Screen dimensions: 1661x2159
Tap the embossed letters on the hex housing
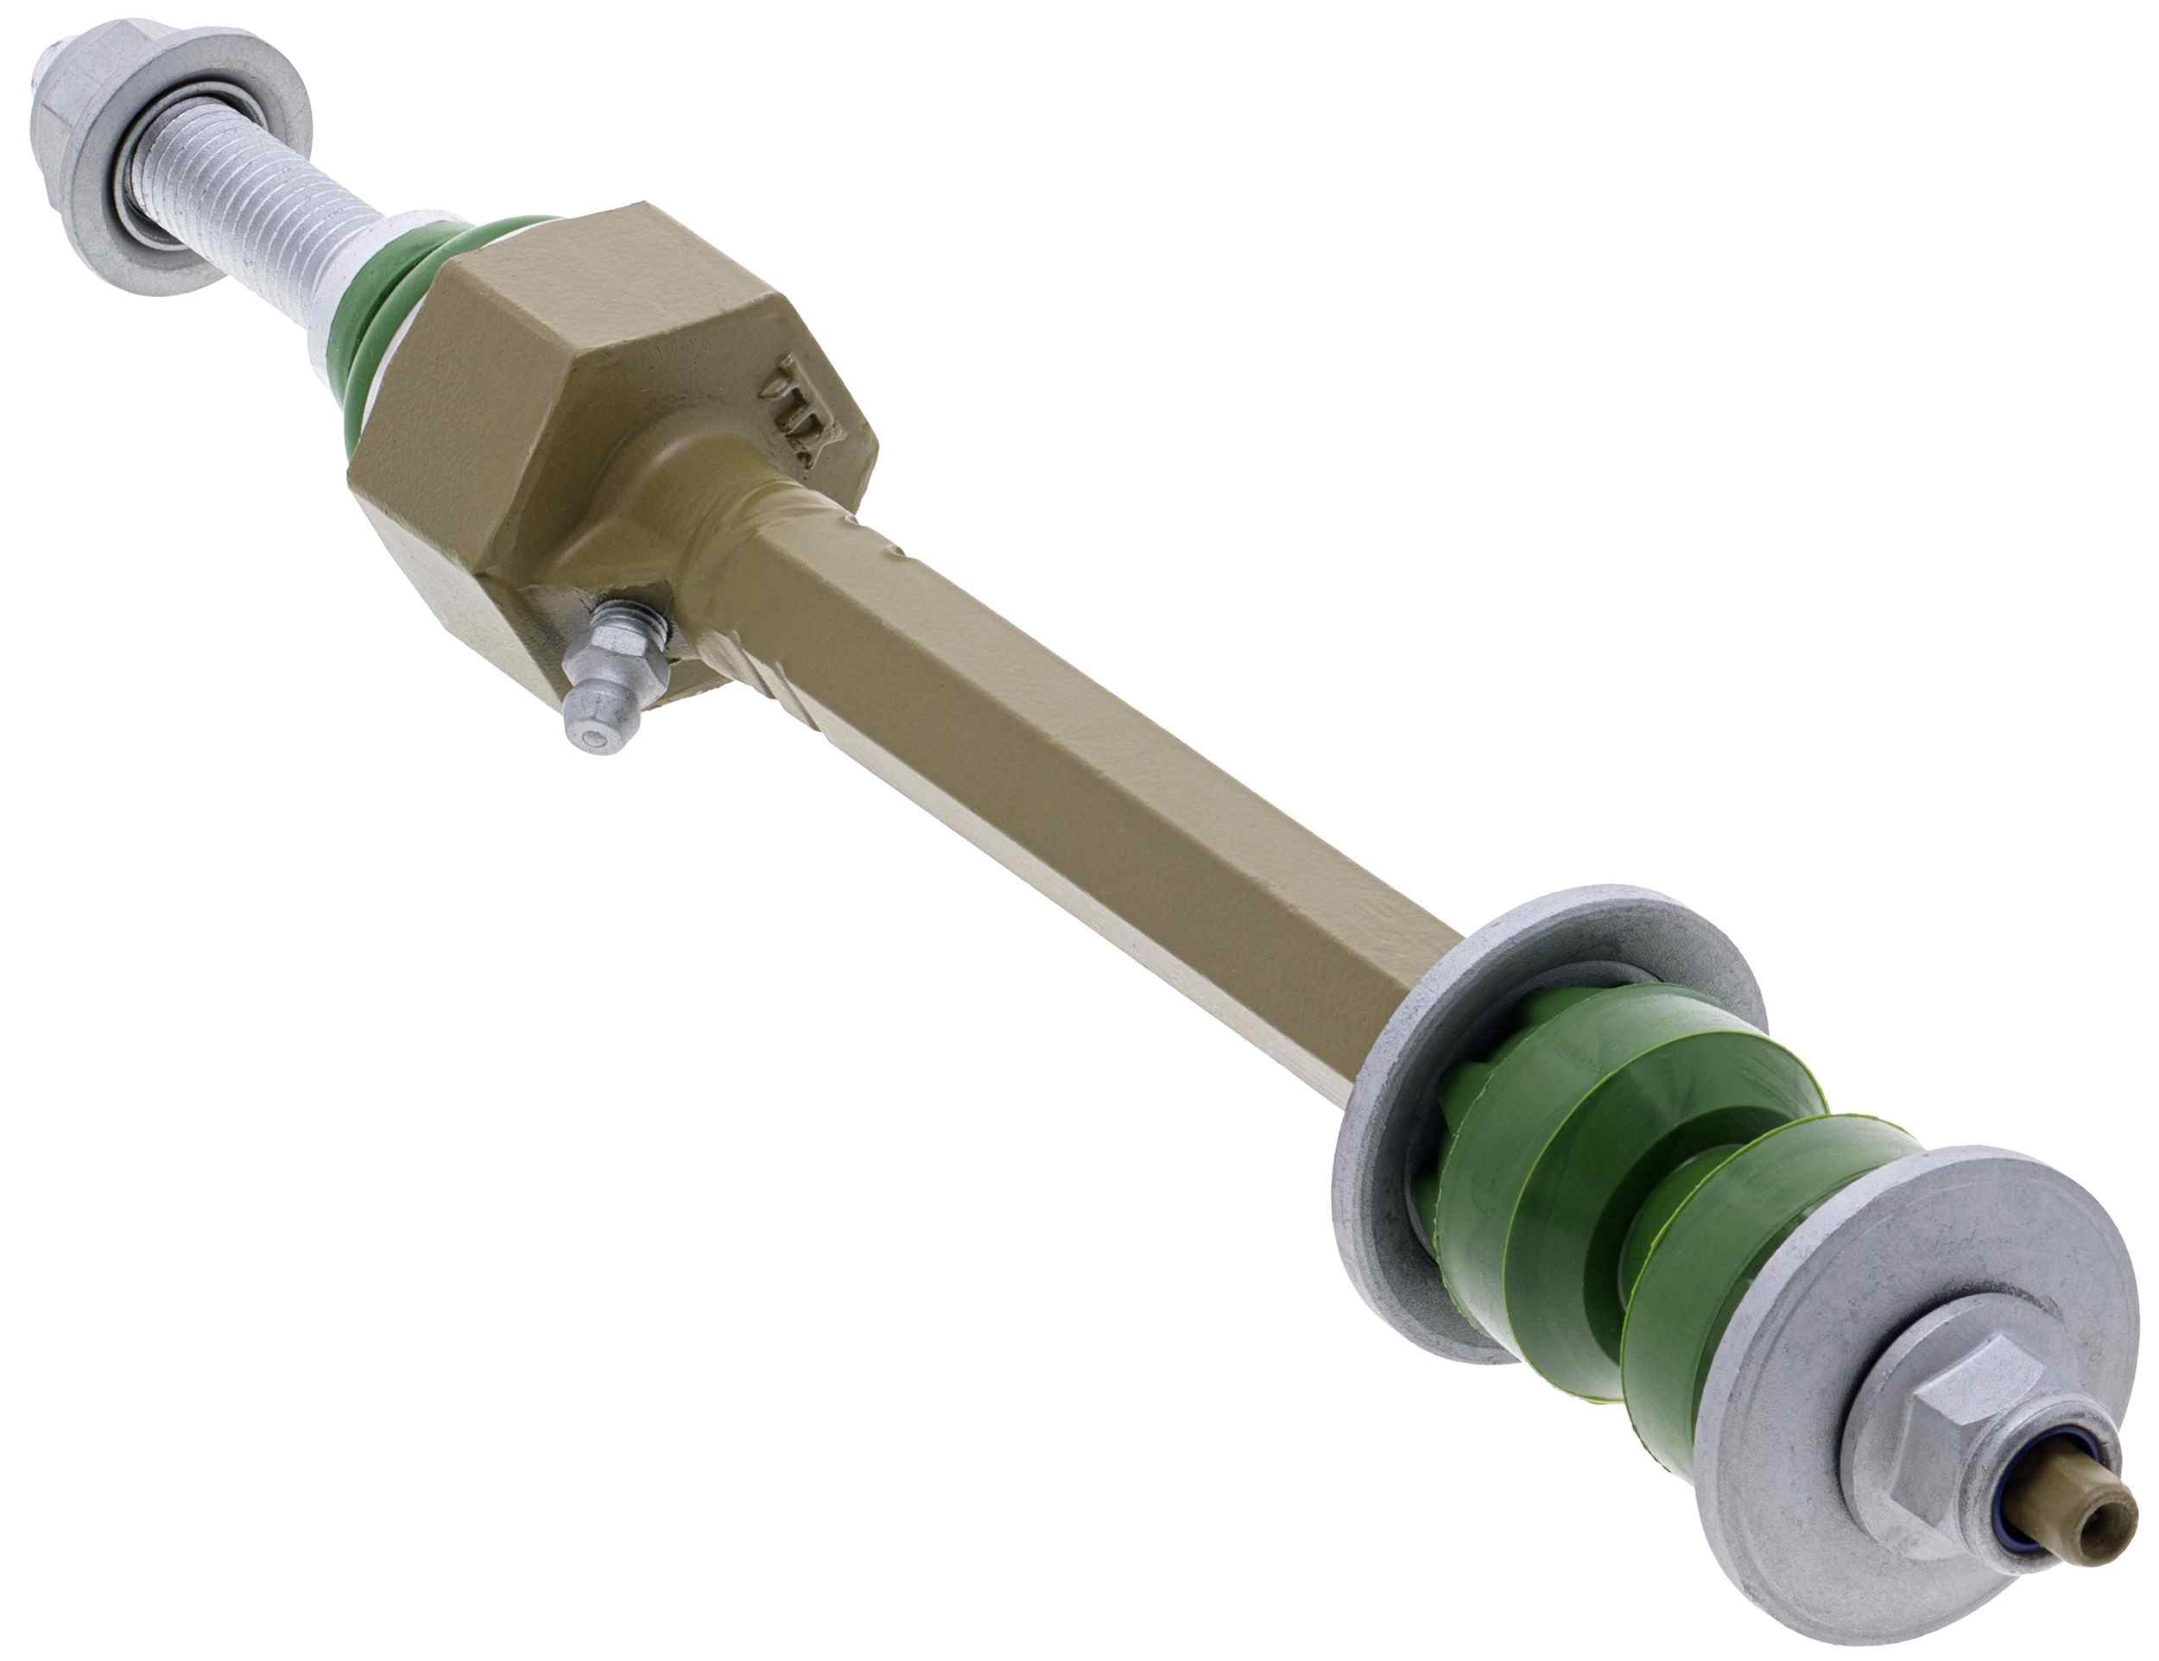(x=801, y=411)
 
